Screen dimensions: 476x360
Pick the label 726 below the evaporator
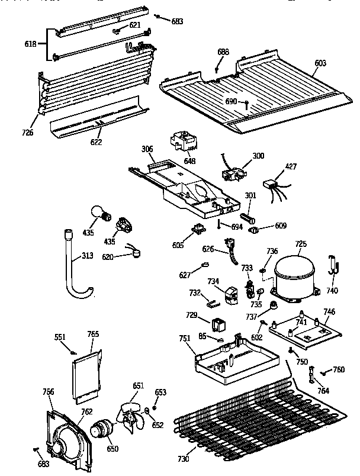[28, 131]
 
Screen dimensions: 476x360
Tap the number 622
[95, 142]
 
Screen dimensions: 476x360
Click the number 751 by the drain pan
[185, 338]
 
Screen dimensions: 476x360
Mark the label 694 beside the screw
[237, 226]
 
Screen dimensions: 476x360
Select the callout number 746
[329, 311]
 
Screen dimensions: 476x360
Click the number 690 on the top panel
[232, 101]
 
